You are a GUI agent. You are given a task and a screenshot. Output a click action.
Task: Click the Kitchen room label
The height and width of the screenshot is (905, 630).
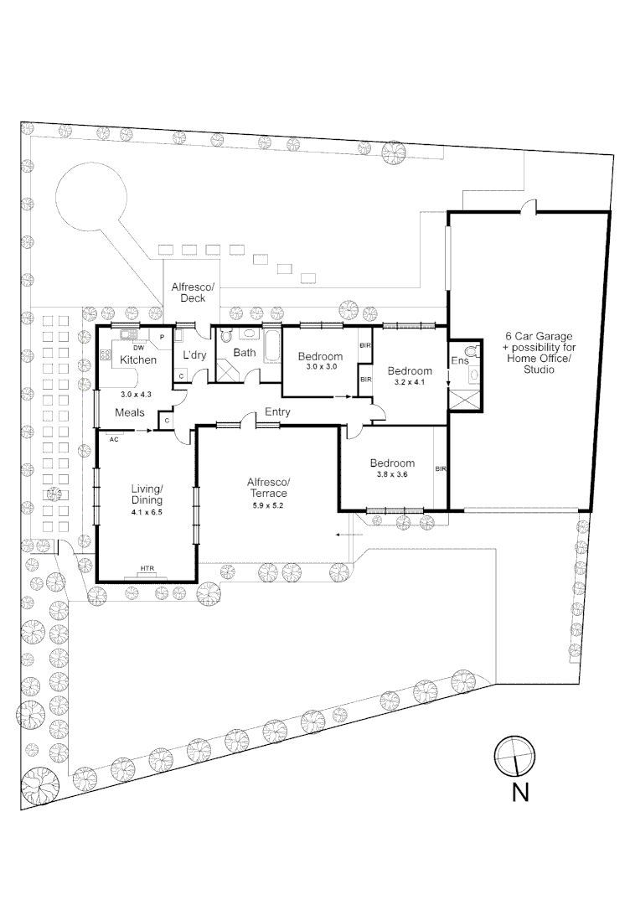tap(137, 359)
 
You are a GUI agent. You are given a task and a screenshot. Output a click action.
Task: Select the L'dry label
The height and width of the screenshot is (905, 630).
tap(194, 355)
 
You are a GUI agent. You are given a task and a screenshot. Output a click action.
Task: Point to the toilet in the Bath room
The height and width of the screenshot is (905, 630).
tap(224, 337)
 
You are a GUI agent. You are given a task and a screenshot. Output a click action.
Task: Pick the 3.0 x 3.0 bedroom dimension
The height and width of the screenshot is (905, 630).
tap(320, 367)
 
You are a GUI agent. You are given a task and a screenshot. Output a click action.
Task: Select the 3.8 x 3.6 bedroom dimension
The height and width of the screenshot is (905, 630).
tap(392, 475)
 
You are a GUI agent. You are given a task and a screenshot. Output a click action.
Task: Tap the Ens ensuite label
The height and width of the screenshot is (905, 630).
tap(460, 361)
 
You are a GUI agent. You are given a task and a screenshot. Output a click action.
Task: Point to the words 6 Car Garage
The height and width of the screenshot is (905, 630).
tap(536, 336)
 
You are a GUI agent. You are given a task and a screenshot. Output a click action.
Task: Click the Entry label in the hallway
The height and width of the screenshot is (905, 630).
tap(277, 412)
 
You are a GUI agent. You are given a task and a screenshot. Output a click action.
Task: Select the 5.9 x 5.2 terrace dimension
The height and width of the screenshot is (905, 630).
tap(268, 505)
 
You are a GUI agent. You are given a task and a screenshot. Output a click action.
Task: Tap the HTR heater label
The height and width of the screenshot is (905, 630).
tap(147, 569)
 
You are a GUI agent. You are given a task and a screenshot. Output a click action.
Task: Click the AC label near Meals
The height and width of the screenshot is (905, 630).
tap(113, 438)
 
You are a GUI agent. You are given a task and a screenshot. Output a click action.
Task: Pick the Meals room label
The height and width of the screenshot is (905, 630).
tap(130, 412)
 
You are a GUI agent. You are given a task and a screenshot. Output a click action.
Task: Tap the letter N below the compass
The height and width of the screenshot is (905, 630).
tap(520, 793)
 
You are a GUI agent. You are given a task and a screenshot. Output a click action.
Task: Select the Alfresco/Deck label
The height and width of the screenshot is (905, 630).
tap(193, 292)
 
